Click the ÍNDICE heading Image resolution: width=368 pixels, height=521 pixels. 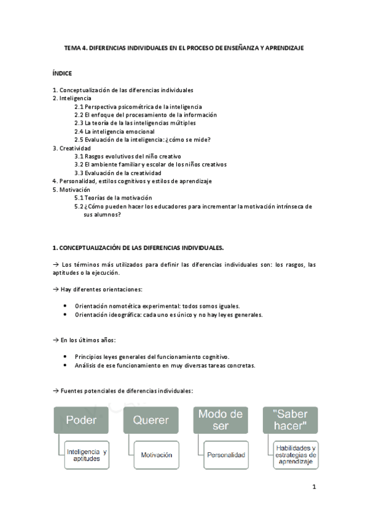62,72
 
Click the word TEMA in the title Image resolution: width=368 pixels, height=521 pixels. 72,47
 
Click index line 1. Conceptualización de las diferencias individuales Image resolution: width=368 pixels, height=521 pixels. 123,90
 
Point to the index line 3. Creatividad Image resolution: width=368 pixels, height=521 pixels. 72,148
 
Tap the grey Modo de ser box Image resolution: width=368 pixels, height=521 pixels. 221,421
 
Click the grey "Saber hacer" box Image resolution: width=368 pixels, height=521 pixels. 290,421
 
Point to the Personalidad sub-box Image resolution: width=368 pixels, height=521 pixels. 227,455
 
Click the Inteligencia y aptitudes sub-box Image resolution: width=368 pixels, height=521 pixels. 87,455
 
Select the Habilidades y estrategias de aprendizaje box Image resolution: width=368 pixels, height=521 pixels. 296,455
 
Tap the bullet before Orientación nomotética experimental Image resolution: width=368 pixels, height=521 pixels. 66,306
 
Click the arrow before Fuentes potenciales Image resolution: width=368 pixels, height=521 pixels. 55,390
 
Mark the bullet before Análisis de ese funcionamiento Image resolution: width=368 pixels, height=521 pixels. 66,365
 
